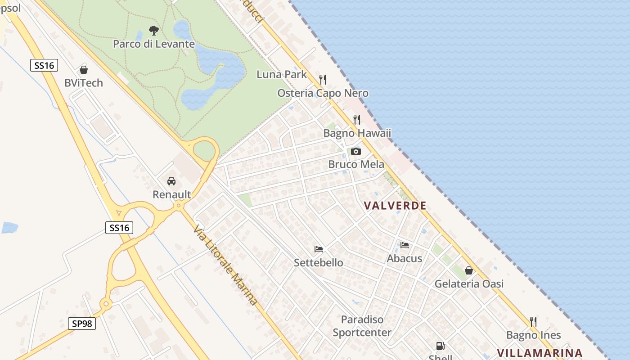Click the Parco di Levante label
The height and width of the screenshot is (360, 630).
[x=154, y=44]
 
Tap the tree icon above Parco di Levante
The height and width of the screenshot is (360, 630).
[x=154, y=31]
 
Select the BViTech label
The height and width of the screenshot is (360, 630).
[x=84, y=83]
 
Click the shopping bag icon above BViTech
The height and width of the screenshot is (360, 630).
[x=84, y=70]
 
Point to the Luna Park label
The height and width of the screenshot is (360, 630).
[x=282, y=74]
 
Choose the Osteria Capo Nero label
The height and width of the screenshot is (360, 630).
[x=323, y=93]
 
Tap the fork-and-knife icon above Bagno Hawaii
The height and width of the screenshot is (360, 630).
[x=357, y=119]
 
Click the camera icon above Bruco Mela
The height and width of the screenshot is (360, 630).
[x=356, y=151]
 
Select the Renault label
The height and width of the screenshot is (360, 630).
[x=172, y=194]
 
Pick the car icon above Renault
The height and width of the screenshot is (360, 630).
[x=171, y=181]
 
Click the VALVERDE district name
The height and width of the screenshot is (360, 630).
[x=395, y=206]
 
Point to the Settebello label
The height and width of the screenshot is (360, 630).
[x=319, y=262]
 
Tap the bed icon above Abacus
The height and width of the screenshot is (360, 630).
[x=405, y=245]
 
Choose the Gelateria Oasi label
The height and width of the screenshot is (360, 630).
[x=469, y=284]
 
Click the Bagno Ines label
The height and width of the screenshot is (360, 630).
[x=534, y=335]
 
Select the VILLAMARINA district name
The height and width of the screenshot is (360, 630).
[x=540, y=353]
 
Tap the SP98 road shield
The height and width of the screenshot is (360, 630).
[x=82, y=323]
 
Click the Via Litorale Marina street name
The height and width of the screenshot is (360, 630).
[x=225, y=265]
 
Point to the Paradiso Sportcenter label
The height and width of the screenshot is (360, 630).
[x=362, y=326]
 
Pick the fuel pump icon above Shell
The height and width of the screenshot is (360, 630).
[x=440, y=346]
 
